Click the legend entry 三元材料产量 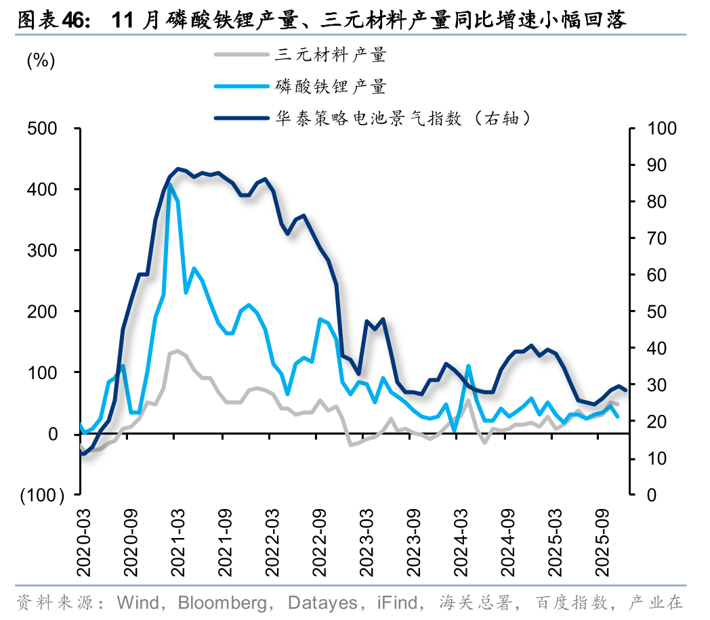330,54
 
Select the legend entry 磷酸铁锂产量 330,86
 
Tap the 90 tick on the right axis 657,165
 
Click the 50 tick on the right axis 657,312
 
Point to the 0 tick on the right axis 652,495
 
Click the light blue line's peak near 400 169,185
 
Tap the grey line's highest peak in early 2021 177,351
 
